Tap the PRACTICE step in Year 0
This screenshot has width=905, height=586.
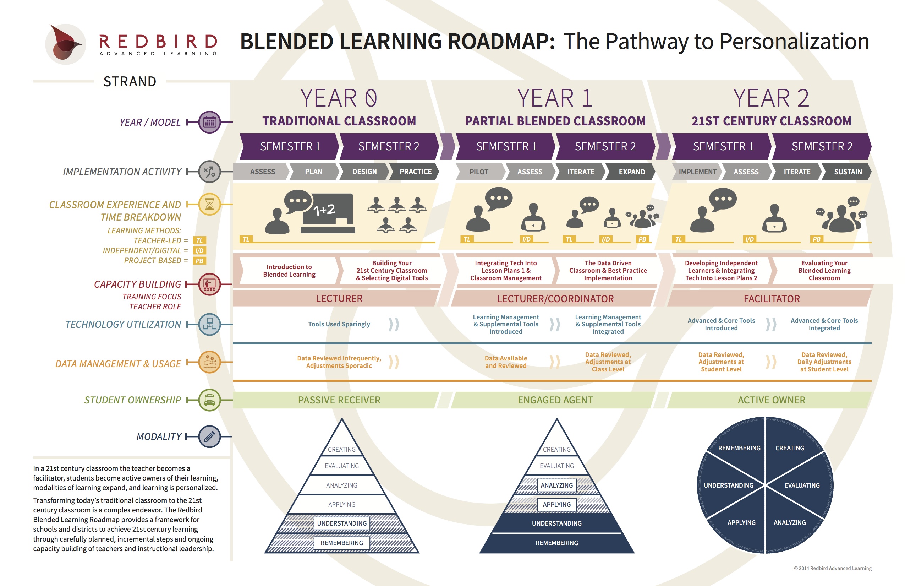point(415,172)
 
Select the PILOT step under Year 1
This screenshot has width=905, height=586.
point(479,172)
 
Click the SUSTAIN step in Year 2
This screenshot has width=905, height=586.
point(848,172)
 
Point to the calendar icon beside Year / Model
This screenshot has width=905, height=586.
point(209,122)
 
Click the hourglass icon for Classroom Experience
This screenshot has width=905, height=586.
point(209,204)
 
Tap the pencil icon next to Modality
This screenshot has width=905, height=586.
point(209,436)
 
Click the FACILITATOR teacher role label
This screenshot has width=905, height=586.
point(772,299)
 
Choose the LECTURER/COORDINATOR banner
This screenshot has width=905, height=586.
point(555,299)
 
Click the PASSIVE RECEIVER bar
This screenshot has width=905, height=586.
point(339,400)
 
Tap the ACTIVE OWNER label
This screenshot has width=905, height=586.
point(772,400)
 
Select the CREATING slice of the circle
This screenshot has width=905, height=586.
point(790,448)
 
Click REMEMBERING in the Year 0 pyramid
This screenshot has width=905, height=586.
point(341,543)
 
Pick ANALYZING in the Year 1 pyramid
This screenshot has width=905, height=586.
point(557,485)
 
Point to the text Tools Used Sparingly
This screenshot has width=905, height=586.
point(339,324)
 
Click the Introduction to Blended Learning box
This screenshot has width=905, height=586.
point(289,271)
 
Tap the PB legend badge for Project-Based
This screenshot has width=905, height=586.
point(199,261)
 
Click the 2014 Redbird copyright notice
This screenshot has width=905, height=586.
point(832,568)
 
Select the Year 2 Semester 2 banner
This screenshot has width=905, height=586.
point(822,146)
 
